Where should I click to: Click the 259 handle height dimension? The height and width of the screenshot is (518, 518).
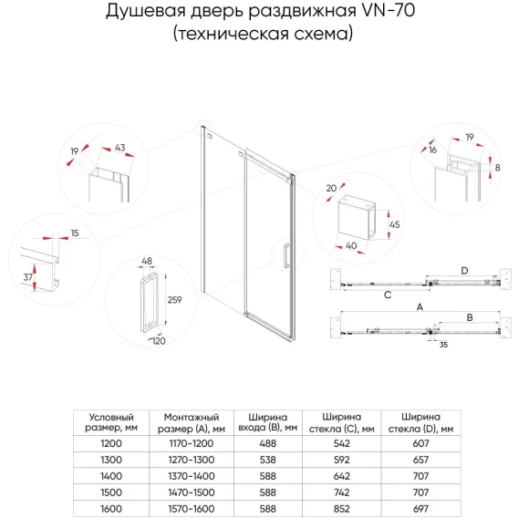pyautogui.click(x=174, y=300)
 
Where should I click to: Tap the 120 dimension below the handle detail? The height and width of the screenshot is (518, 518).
pyautogui.click(x=159, y=341)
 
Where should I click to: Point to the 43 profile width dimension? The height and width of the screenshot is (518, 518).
pyautogui.click(x=119, y=148)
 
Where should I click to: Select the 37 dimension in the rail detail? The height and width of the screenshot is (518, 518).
pyautogui.click(x=28, y=277)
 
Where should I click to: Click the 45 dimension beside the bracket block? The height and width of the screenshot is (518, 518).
pyautogui.click(x=395, y=224)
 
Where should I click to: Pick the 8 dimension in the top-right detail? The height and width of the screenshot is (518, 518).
pyautogui.click(x=497, y=168)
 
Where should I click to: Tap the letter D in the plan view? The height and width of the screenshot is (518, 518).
pyautogui.click(x=464, y=271)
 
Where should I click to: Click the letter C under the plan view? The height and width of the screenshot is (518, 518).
pyautogui.click(x=388, y=295)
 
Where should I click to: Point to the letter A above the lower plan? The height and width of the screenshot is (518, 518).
pyautogui.click(x=420, y=307)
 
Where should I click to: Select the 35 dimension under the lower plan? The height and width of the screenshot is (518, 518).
pyautogui.click(x=443, y=345)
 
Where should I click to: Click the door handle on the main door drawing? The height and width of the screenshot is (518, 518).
pyautogui.click(x=286, y=254)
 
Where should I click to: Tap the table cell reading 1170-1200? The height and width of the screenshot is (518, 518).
pyautogui.click(x=192, y=443)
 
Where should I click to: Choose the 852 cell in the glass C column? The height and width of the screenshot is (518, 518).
pyautogui.click(x=342, y=509)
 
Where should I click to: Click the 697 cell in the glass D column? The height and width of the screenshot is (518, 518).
pyautogui.click(x=420, y=509)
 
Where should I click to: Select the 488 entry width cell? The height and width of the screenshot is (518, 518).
pyautogui.click(x=267, y=443)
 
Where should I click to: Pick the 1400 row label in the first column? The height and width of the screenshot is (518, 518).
pyautogui.click(x=111, y=476)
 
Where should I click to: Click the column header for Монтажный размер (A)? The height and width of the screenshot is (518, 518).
pyautogui.click(x=192, y=423)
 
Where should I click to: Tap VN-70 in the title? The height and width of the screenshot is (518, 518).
pyautogui.click(x=388, y=11)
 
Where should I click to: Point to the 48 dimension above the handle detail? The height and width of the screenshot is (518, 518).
pyautogui.click(x=147, y=261)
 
